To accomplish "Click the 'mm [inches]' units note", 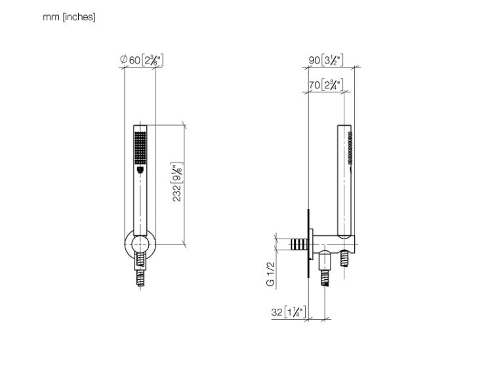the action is [x=69, y=17].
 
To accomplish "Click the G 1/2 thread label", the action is [x=270, y=274].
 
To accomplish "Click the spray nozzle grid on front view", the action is [x=140, y=147].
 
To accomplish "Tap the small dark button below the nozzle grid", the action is [x=140, y=170].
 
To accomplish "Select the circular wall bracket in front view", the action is [x=140, y=243].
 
